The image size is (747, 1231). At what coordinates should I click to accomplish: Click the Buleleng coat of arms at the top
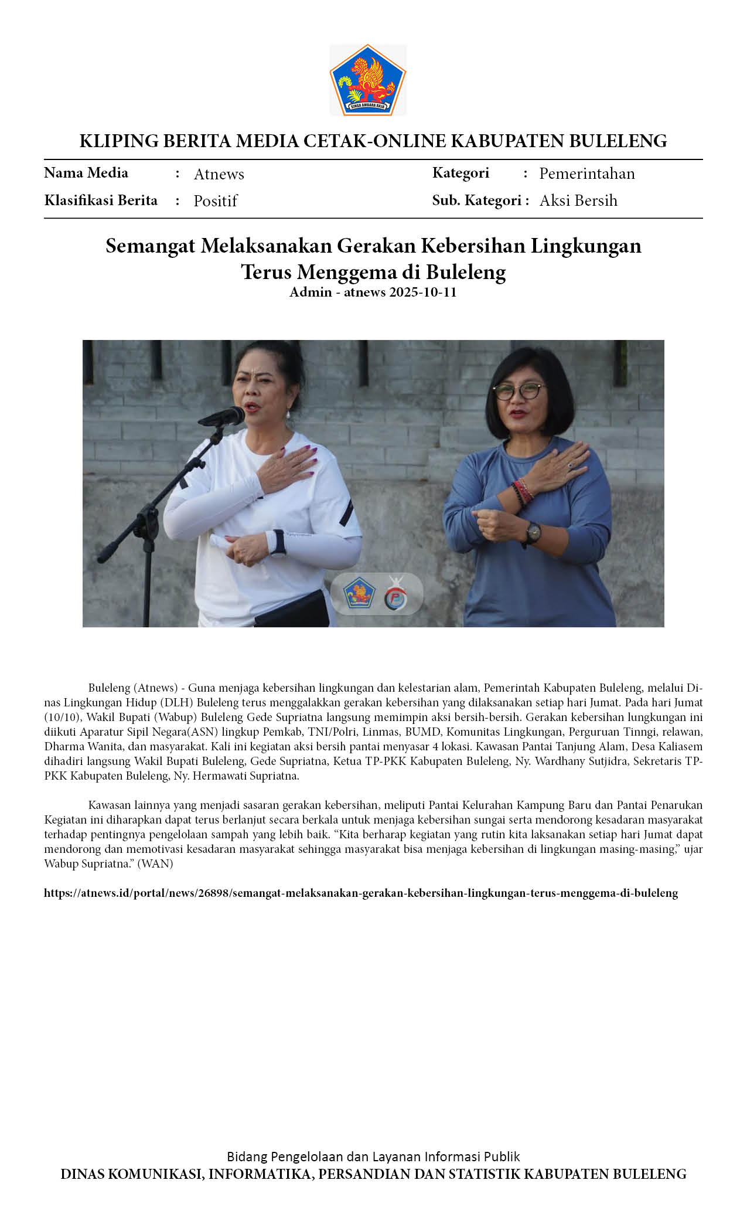point(368,80)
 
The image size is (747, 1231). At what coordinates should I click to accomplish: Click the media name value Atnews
point(219,174)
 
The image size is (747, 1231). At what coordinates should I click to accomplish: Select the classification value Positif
point(215,201)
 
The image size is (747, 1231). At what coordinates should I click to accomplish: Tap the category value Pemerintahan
point(586,174)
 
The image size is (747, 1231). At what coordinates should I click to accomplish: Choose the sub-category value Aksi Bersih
point(578,200)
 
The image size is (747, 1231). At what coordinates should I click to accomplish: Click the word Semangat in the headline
point(150,246)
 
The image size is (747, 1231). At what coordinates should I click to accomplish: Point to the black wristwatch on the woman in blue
point(533,532)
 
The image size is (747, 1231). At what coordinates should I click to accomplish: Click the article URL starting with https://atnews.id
point(361,893)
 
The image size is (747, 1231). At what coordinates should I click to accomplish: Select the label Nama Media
point(86,173)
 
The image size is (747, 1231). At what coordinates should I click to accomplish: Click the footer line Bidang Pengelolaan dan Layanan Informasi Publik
point(373,1156)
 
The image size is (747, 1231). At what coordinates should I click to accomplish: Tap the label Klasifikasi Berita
point(101,200)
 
